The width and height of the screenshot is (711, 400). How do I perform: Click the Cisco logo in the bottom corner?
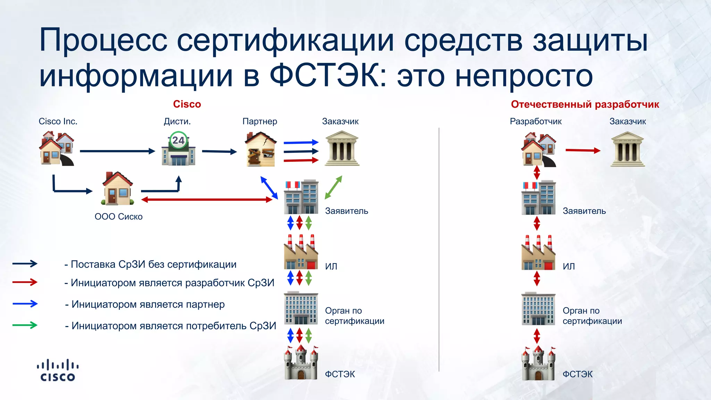58,370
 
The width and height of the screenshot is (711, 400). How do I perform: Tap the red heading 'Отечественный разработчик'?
585,104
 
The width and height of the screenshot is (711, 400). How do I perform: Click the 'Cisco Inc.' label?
58,121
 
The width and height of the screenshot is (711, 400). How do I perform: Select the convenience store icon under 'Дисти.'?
178,149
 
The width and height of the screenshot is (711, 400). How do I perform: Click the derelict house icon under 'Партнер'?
260,149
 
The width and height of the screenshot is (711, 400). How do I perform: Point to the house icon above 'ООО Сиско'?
117,189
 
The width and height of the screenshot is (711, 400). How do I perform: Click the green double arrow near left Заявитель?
333,187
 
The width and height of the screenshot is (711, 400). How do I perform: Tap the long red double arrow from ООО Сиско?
207,200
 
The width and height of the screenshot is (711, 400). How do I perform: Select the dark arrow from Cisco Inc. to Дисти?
117,151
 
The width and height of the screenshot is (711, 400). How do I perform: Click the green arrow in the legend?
25,325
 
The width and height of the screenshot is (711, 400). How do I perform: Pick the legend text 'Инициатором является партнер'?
148,305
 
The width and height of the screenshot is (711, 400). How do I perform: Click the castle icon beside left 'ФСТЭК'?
301,363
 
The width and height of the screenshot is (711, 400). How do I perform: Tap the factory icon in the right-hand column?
538,253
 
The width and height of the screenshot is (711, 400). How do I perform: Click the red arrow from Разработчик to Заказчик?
583,150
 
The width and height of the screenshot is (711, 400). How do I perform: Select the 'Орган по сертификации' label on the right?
592,316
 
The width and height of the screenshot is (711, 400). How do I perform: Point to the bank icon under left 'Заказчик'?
342,149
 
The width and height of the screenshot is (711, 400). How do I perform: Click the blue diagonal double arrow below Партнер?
269,188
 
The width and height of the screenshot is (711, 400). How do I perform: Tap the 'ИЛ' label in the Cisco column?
331,266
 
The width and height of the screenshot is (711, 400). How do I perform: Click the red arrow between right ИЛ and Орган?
537,278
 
